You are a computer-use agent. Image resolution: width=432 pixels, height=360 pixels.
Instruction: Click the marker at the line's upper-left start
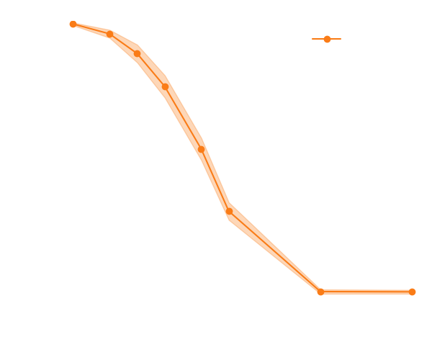[73, 24]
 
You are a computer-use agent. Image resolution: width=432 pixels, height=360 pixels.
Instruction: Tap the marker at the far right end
[412, 292]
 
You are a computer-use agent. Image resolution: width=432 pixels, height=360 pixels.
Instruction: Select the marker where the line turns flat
[320, 292]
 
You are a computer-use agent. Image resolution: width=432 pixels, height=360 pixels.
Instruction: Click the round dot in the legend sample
[327, 39]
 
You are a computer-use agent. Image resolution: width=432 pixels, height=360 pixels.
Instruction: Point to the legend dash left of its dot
[318, 39]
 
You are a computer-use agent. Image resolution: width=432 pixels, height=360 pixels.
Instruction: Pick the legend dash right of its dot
[336, 39]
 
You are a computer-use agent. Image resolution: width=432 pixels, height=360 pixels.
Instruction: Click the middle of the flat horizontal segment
[366, 292]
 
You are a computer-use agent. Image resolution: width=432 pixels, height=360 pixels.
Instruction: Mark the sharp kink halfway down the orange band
[229, 210]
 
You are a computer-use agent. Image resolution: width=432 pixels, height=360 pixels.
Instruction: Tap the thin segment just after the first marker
[91, 30]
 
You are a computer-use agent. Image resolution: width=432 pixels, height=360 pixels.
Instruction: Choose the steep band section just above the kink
[215, 173]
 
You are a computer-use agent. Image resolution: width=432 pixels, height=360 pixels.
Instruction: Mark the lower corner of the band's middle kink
[230, 218]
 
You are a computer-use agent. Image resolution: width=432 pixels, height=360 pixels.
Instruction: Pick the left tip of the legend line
[312, 39]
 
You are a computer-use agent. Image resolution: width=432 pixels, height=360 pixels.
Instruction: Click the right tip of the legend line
[341, 39]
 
